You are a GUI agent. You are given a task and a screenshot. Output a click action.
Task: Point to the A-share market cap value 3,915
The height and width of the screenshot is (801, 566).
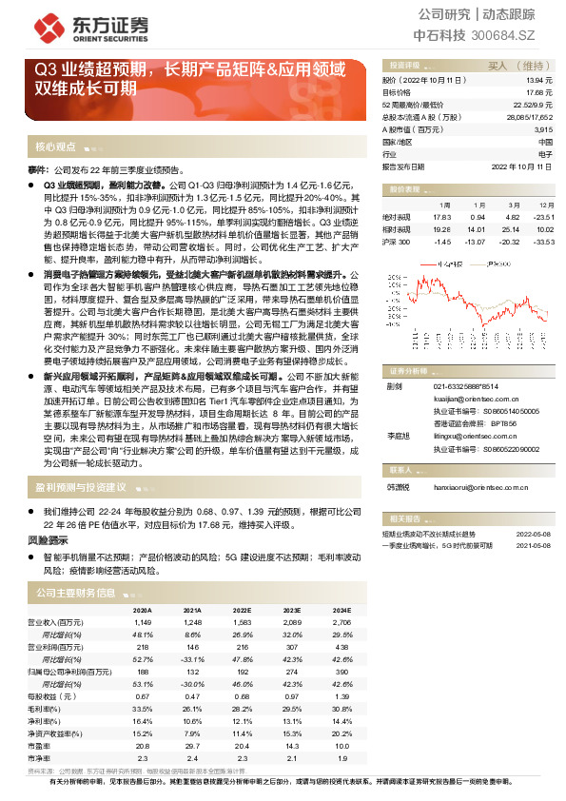click(x=542, y=128)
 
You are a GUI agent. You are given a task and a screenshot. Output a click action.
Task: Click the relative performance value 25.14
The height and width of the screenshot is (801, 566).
click(x=507, y=229)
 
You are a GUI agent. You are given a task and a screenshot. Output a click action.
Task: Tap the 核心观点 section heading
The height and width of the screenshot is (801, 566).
click(x=55, y=147)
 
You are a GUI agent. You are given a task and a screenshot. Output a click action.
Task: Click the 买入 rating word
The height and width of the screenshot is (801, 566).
click(x=498, y=66)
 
